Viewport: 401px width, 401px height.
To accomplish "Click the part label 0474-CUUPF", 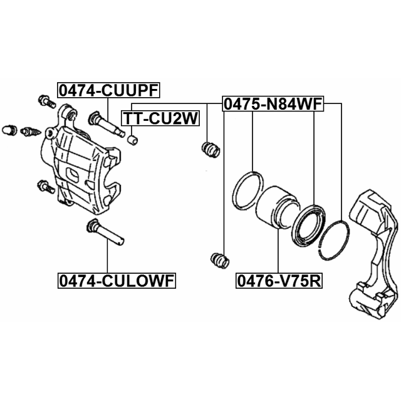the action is (108, 90).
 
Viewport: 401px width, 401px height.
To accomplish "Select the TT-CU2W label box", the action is (160, 118).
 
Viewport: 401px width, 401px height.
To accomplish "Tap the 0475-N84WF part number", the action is (273, 104).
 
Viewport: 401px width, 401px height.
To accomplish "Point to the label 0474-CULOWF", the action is (117, 281).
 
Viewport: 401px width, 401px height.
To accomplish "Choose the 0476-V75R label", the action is (279, 281).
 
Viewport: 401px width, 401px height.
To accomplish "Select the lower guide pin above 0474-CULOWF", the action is (105, 232).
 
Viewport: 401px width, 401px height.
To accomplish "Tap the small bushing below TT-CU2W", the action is (132, 140).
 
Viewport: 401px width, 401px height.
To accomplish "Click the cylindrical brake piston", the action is (277, 207).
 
